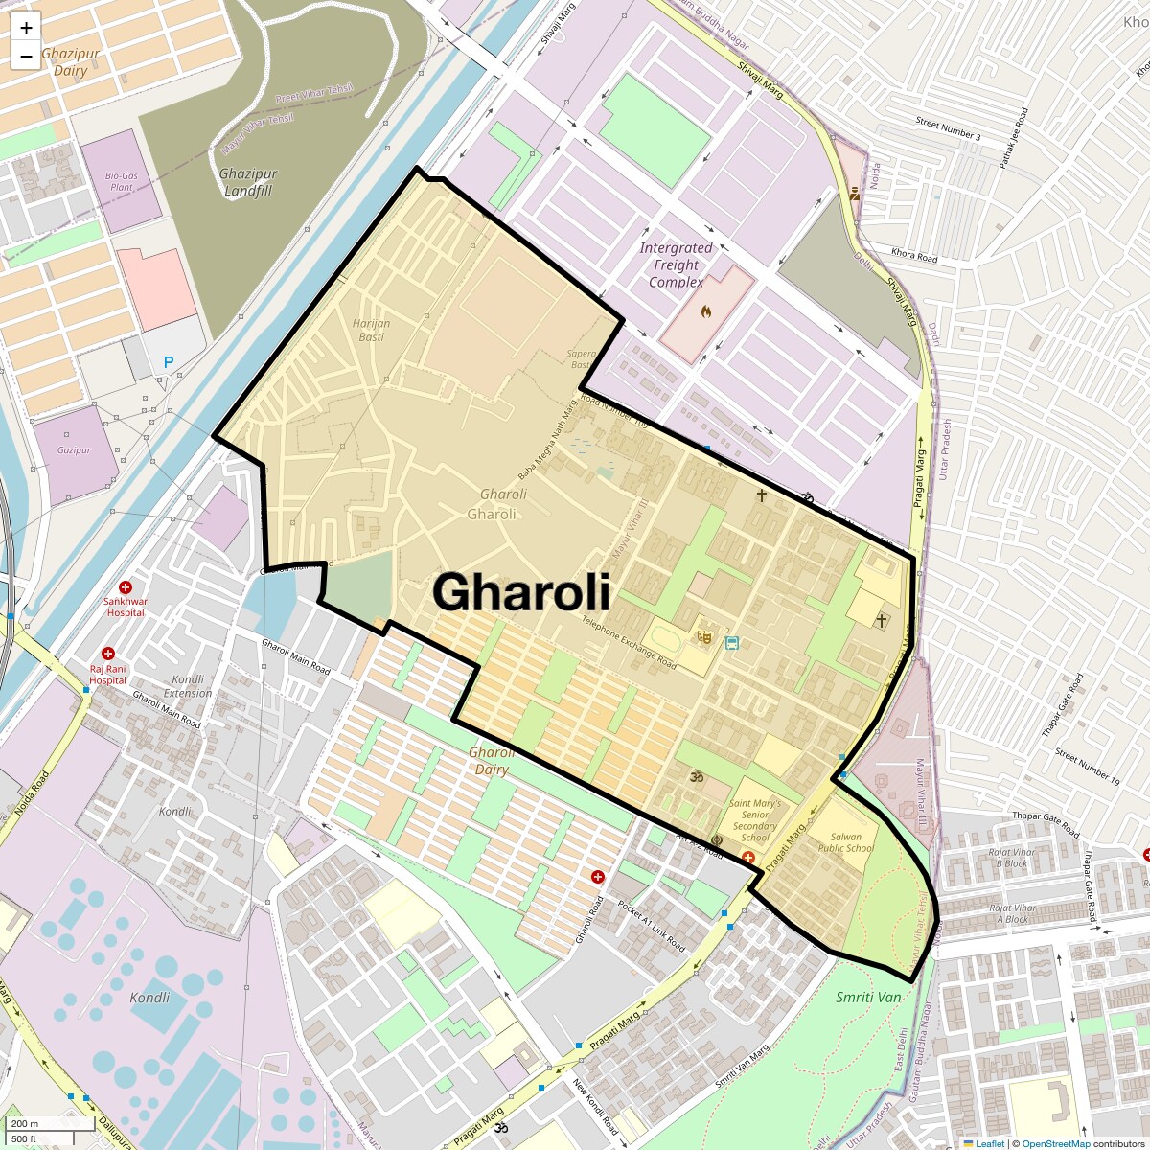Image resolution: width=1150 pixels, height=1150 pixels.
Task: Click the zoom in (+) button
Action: click(x=26, y=29)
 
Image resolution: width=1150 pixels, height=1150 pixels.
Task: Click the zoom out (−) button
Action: click(x=26, y=56)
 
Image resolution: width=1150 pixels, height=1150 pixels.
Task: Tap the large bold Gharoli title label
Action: click(x=521, y=592)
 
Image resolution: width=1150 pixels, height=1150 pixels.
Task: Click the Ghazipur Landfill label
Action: click(x=248, y=182)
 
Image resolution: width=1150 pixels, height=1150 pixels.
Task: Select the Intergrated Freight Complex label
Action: click(x=677, y=264)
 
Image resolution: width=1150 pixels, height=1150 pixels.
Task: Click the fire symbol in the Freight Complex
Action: click(x=706, y=311)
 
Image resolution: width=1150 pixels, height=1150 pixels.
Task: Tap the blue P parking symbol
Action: click(x=169, y=362)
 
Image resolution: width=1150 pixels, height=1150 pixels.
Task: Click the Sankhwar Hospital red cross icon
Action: click(x=126, y=586)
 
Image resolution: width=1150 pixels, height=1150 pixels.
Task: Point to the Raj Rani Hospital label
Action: click(x=107, y=675)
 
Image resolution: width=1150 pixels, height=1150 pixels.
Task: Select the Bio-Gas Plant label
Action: click(x=122, y=181)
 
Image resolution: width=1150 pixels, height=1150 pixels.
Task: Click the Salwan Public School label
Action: click(x=846, y=842)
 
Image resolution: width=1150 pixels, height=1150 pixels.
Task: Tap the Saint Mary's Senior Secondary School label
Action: click(x=755, y=820)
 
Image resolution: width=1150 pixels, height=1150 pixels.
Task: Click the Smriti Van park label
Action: click(x=868, y=997)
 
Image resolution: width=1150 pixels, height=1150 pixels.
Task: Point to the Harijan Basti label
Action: click(x=371, y=330)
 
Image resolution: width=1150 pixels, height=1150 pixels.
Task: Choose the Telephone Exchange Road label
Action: click(x=629, y=642)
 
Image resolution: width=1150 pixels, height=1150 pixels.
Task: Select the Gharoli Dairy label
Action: click(x=491, y=761)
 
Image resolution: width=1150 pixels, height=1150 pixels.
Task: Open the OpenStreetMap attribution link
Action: click(x=1055, y=1143)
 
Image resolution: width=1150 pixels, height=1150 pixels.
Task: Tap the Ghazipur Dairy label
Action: click(x=70, y=62)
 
